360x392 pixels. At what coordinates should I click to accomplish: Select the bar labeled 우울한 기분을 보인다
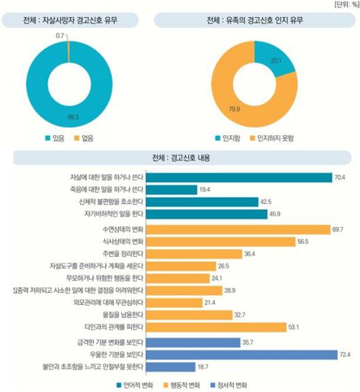click(x=241, y=354)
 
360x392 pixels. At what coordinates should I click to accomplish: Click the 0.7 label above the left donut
click(x=60, y=34)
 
